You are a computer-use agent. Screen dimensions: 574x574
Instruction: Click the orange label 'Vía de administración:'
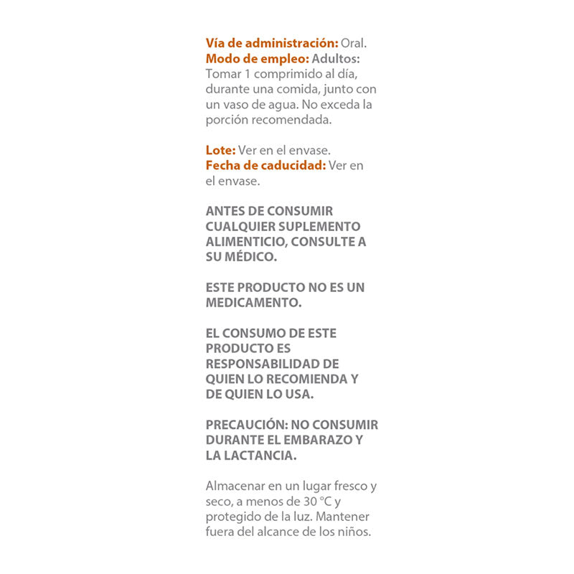coord(272,43)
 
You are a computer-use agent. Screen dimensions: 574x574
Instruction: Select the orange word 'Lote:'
coord(220,150)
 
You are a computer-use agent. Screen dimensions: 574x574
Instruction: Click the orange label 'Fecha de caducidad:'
coord(265,165)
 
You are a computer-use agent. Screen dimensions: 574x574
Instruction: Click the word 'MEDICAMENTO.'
coord(253,303)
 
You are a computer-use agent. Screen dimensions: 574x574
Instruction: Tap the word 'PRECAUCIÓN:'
coord(246,425)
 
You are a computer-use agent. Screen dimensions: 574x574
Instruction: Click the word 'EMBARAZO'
coord(313,440)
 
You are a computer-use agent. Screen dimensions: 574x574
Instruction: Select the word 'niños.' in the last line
coord(354,532)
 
